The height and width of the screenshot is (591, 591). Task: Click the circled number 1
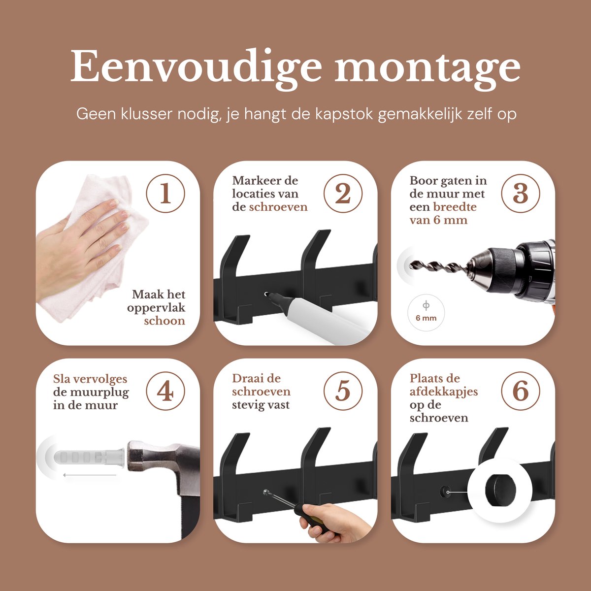pyautogui.click(x=165, y=194)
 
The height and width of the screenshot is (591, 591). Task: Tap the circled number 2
pyautogui.click(x=343, y=194)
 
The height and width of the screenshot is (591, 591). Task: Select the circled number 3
pyautogui.click(x=521, y=194)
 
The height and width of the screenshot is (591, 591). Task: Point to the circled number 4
pyautogui.click(x=165, y=391)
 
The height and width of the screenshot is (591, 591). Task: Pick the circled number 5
pyautogui.click(x=343, y=391)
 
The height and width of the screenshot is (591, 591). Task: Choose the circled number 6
pyautogui.click(x=521, y=391)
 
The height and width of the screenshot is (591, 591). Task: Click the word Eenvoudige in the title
pyautogui.click(x=196, y=69)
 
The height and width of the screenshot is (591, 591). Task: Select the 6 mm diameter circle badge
pyautogui.click(x=426, y=313)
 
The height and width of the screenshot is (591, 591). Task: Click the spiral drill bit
pyautogui.click(x=439, y=267)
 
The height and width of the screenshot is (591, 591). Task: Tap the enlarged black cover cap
pyautogui.click(x=500, y=491)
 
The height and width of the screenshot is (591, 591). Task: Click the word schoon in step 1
pyautogui.click(x=164, y=321)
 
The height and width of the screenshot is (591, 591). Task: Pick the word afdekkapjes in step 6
pyautogui.click(x=443, y=392)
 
